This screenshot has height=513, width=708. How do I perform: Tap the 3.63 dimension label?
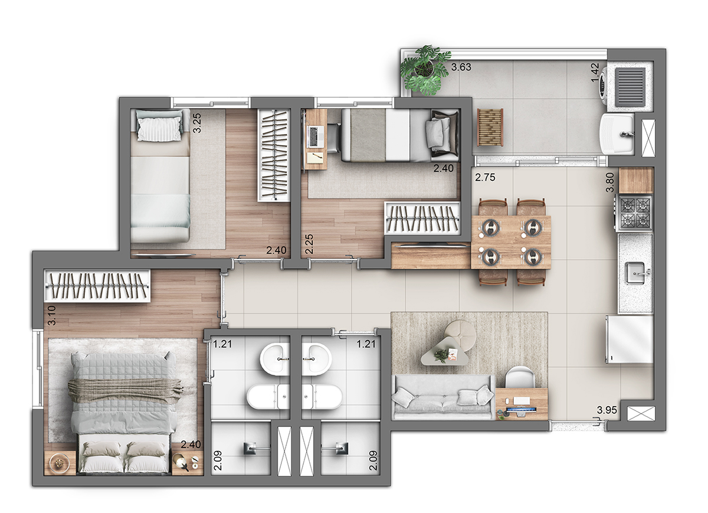[461, 67]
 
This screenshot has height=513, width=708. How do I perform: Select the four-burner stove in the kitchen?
[634, 213]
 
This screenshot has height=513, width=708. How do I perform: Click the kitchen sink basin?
[636, 273]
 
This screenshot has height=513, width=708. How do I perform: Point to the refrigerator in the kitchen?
[630, 339]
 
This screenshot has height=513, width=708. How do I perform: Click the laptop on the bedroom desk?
[313, 136]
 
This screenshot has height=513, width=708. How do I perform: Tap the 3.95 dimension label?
[607, 410]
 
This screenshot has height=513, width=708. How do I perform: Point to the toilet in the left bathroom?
[268, 397]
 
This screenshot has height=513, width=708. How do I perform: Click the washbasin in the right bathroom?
[316, 360]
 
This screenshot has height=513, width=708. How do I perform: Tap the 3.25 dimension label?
[197, 123]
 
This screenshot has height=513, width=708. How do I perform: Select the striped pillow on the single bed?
[160, 129]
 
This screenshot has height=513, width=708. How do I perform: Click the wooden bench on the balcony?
[490, 127]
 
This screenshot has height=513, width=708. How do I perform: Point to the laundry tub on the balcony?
[617, 134]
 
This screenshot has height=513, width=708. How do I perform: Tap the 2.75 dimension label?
[485, 178]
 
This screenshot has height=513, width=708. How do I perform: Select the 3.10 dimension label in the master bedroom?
[52, 315]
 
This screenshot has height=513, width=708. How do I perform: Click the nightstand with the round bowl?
[60, 463]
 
